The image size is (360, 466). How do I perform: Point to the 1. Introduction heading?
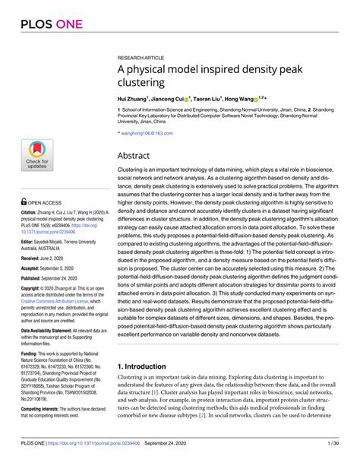pyautogui.click(x=147, y=345)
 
